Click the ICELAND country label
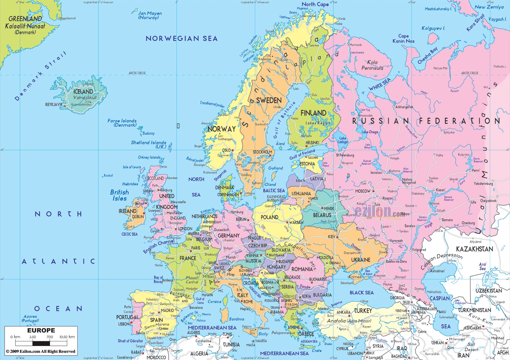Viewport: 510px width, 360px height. (x=83, y=92)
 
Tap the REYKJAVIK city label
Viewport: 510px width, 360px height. (x=54, y=104)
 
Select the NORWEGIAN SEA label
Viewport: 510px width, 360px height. (x=181, y=39)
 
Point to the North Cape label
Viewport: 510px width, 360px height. (x=315, y=4)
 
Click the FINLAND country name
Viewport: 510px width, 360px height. (x=313, y=113)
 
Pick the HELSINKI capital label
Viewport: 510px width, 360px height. (x=312, y=143)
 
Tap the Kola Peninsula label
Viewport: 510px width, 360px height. (x=372, y=65)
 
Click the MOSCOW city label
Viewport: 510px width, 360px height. (x=363, y=191)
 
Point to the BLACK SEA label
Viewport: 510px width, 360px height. (x=361, y=292)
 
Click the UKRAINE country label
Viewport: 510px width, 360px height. (x=360, y=260)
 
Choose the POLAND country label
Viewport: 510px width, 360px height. (x=269, y=217)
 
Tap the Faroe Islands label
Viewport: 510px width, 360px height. (x=122, y=123)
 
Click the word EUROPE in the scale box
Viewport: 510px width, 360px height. (x=41, y=330)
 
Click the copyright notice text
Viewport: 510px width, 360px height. (x=40, y=351)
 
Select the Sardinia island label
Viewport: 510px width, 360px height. (x=236, y=319)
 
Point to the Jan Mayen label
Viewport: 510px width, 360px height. (x=150, y=15)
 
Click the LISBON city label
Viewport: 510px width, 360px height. (x=123, y=324)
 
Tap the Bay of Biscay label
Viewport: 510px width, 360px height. (x=158, y=279)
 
